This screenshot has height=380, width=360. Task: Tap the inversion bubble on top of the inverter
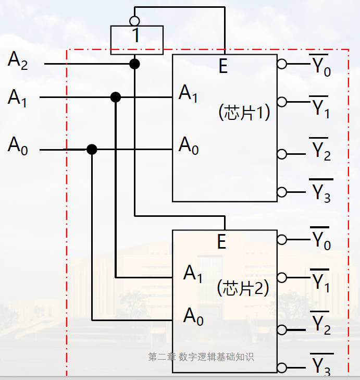(134, 21)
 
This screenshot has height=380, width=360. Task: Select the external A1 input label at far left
(17, 97)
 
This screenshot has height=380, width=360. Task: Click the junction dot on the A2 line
(134, 64)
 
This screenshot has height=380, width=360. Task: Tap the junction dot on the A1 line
(116, 97)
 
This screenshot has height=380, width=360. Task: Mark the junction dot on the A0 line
(92, 150)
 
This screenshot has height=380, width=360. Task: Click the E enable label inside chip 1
(223, 67)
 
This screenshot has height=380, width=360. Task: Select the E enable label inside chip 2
(222, 242)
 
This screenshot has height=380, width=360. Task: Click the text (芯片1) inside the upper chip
(244, 113)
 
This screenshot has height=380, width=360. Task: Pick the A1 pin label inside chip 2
(193, 274)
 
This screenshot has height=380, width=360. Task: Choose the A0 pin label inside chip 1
(189, 145)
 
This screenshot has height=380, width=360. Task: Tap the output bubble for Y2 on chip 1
(282, 154)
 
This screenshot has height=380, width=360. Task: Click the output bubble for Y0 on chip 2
(282, 240)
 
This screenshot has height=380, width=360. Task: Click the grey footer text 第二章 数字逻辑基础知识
(201, 357)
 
